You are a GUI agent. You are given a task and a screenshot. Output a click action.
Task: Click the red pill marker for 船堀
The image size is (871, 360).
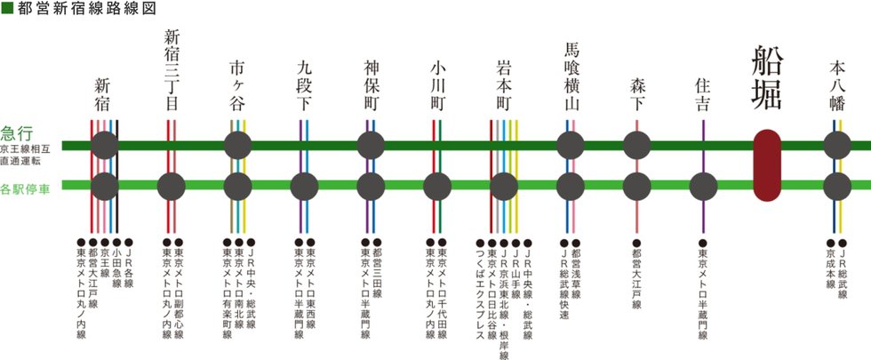click(x=767, y=165)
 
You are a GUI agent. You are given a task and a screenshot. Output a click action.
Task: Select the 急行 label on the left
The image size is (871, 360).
click(x=18, y=133)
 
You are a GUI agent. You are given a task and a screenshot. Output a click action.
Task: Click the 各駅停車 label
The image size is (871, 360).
click(x=25, y=190)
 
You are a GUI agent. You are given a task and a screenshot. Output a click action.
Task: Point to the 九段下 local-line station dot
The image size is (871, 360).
click(x=304, y=187)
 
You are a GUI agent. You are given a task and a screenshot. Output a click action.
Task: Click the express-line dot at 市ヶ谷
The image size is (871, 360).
click(x=238, y=146)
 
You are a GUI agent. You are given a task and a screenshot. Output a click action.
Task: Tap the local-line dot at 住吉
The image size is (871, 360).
click(x=703, y=187)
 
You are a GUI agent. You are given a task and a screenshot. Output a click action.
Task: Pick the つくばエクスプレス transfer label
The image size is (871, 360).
click(x=481, y=293)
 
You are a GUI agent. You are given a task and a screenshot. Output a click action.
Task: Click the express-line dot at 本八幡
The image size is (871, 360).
click(x=837, y=146)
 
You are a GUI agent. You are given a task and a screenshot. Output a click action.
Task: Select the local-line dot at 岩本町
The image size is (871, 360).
click(x=504, y=187)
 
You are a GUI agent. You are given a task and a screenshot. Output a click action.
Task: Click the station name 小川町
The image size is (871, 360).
click(x=437, y=84)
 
